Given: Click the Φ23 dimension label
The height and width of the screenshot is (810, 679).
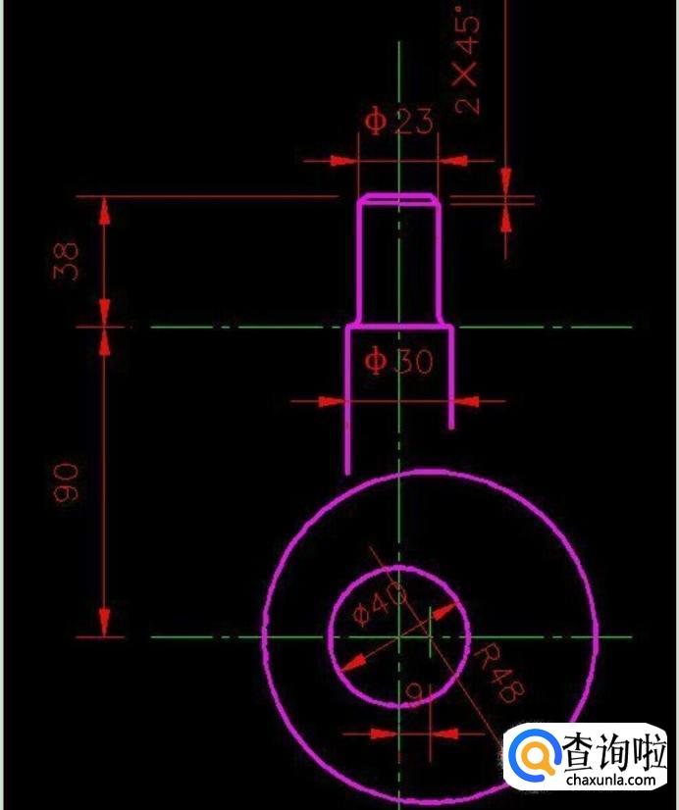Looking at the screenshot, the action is pos(398,122).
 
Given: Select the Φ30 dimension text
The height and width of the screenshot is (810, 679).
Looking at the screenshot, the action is pos(398,361).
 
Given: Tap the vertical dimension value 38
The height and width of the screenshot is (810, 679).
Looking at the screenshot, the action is pos(66,261).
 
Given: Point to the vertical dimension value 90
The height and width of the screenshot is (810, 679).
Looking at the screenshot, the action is pos(66,482).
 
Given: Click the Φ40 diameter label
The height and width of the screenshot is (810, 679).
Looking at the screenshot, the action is pos(380,602).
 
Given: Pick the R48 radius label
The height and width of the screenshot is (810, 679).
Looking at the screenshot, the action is pos(499,673).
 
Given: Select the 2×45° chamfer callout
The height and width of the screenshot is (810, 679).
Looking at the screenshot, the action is pos(467,62).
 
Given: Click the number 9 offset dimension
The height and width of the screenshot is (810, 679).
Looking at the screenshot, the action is pos(414,692).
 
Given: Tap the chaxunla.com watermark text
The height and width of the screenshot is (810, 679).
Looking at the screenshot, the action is pos(610,780).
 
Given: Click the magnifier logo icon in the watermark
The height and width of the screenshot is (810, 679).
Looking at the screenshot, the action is pos(534,756).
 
